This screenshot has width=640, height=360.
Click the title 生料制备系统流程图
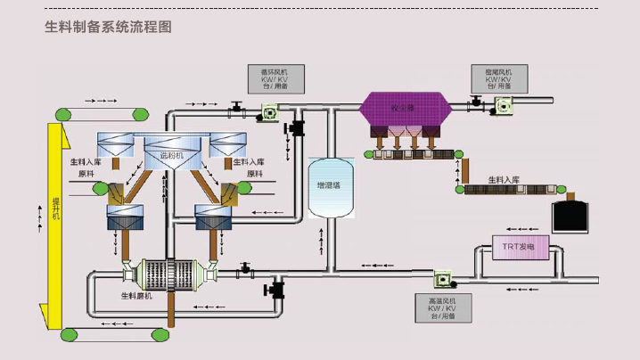108,27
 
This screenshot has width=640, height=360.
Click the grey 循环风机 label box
275,78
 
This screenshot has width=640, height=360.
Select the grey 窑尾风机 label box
498,78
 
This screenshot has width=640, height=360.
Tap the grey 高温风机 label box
436,307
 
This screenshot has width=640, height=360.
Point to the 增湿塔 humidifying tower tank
332,187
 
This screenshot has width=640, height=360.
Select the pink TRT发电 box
518,247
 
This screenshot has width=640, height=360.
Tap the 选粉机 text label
171,155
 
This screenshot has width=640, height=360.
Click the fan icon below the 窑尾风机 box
503,105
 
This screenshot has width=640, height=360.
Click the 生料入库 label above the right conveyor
504,180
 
